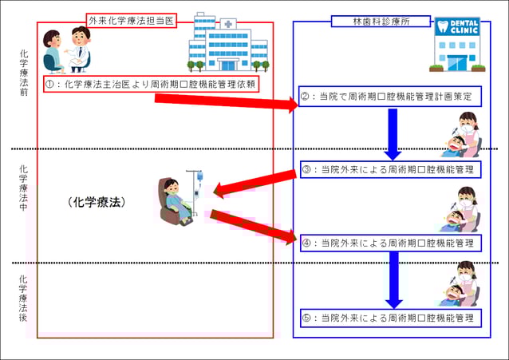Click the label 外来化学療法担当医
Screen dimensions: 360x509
[132, 19]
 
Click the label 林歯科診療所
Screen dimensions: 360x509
[367, 22]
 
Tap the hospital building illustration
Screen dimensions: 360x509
[227, 44]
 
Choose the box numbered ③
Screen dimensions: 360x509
[390, 169]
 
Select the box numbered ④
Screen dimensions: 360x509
[390, 243]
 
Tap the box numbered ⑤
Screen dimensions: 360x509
[390, 318]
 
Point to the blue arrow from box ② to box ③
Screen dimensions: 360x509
[393, 133]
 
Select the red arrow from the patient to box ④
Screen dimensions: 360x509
[251, 225]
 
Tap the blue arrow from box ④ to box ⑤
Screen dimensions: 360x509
[393, 280]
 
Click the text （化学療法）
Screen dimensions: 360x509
[97, 203]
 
